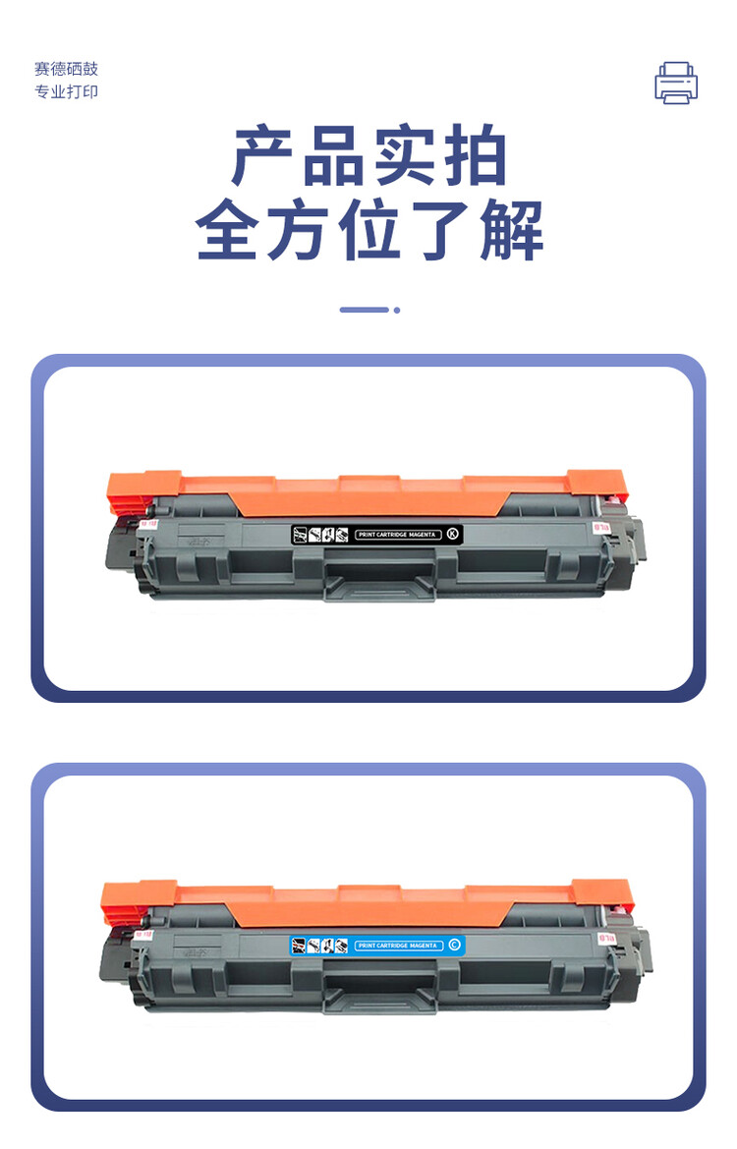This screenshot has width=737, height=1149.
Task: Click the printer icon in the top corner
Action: (676, 83)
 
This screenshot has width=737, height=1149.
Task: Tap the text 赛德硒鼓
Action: (67, 69)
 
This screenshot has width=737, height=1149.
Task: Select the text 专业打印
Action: (67, 92)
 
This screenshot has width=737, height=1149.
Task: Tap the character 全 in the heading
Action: (230, 232)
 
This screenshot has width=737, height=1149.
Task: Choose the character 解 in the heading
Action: (509, 232)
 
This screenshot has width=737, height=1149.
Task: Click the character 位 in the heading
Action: (369, 232)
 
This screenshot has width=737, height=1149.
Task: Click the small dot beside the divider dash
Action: (397, 310)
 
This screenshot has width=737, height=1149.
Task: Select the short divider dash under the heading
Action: (364, 310)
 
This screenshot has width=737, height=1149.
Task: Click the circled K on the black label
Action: (452, 534)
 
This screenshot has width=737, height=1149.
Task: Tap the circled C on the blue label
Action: (453, 946)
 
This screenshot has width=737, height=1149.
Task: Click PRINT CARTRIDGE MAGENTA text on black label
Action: (398, 535)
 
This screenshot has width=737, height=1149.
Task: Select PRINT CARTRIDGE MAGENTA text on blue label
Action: (397, 946)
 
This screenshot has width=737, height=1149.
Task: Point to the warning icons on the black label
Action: (320, 535)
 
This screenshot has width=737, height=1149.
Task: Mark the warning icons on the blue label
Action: (320, 946)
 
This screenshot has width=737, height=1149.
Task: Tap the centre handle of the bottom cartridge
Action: (379, 995)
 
